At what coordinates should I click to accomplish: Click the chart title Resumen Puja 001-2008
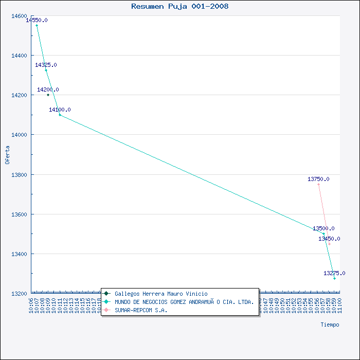[x=180, y=7]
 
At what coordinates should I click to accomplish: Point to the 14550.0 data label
[x=37, y=20]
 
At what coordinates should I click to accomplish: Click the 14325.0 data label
[x=46, y=65]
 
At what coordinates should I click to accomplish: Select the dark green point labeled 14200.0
[x=48, y=95]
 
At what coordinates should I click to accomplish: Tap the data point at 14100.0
[x=60, y=115]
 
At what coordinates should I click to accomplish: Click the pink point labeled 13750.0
[x=318, y=184]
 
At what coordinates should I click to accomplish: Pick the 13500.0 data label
[x=323, y=228]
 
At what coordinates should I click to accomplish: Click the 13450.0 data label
[x=329, y=239]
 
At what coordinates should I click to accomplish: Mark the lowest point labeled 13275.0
[x=334, y=278]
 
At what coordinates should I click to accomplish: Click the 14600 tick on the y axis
[x=19, y=16]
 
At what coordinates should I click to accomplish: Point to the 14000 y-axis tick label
[x=19, y=135]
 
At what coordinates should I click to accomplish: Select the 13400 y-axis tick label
[x=19, y=254]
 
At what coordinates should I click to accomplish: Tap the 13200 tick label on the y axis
[x=19, y=294]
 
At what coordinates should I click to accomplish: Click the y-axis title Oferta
[x=7, y=154]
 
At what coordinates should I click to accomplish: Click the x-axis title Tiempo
[x=330, y=325]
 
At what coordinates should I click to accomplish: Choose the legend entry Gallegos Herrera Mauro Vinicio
[x=161, y=294]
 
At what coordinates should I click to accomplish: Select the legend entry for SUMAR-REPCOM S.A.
[x=141, y=310]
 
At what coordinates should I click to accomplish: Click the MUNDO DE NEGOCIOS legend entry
[x=184, y=302]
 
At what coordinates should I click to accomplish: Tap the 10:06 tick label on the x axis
[x=32, y=304]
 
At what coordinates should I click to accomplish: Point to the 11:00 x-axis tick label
[x=340, y=304]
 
